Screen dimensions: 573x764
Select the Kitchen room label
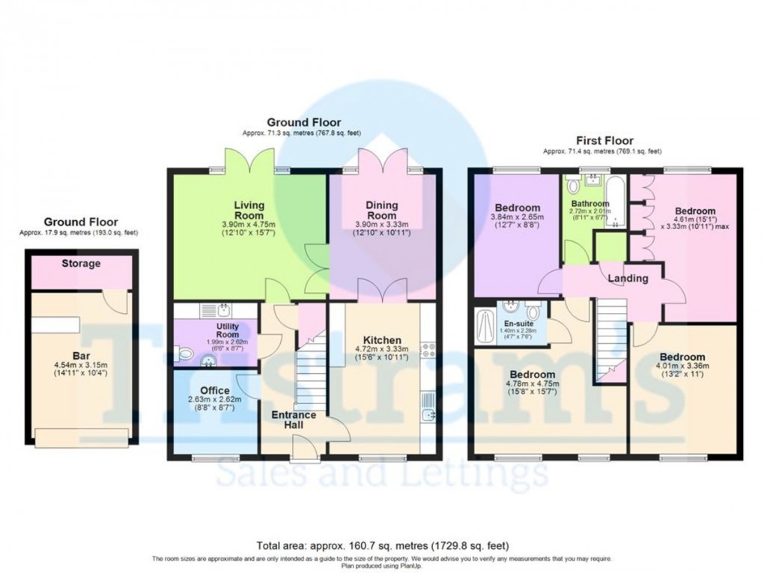coord(382,339)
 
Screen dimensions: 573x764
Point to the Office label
coord(215,390)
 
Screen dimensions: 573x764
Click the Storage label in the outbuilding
coord(81,264)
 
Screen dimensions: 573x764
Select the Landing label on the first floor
coord(627,279)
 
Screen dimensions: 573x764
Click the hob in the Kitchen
coord(428,349)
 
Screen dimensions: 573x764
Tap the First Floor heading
coord(604,140)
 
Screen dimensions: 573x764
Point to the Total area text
coord(381,546)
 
